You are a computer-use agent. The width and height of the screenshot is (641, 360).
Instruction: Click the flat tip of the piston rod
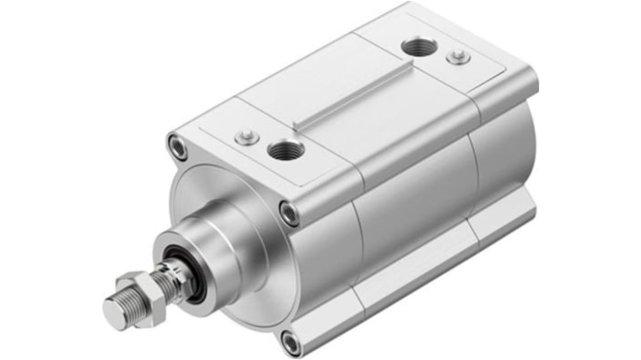113,311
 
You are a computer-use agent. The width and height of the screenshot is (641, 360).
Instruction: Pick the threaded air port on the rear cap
419,47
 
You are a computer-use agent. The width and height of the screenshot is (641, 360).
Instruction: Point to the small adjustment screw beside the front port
247,137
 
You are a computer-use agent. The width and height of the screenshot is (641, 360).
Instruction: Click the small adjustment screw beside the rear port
459,57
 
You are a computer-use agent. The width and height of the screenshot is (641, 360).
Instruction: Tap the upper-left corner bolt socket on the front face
177,146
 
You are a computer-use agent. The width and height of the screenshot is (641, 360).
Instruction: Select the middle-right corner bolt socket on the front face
289,213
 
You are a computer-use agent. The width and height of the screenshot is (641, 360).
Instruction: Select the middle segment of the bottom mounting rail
420,271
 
